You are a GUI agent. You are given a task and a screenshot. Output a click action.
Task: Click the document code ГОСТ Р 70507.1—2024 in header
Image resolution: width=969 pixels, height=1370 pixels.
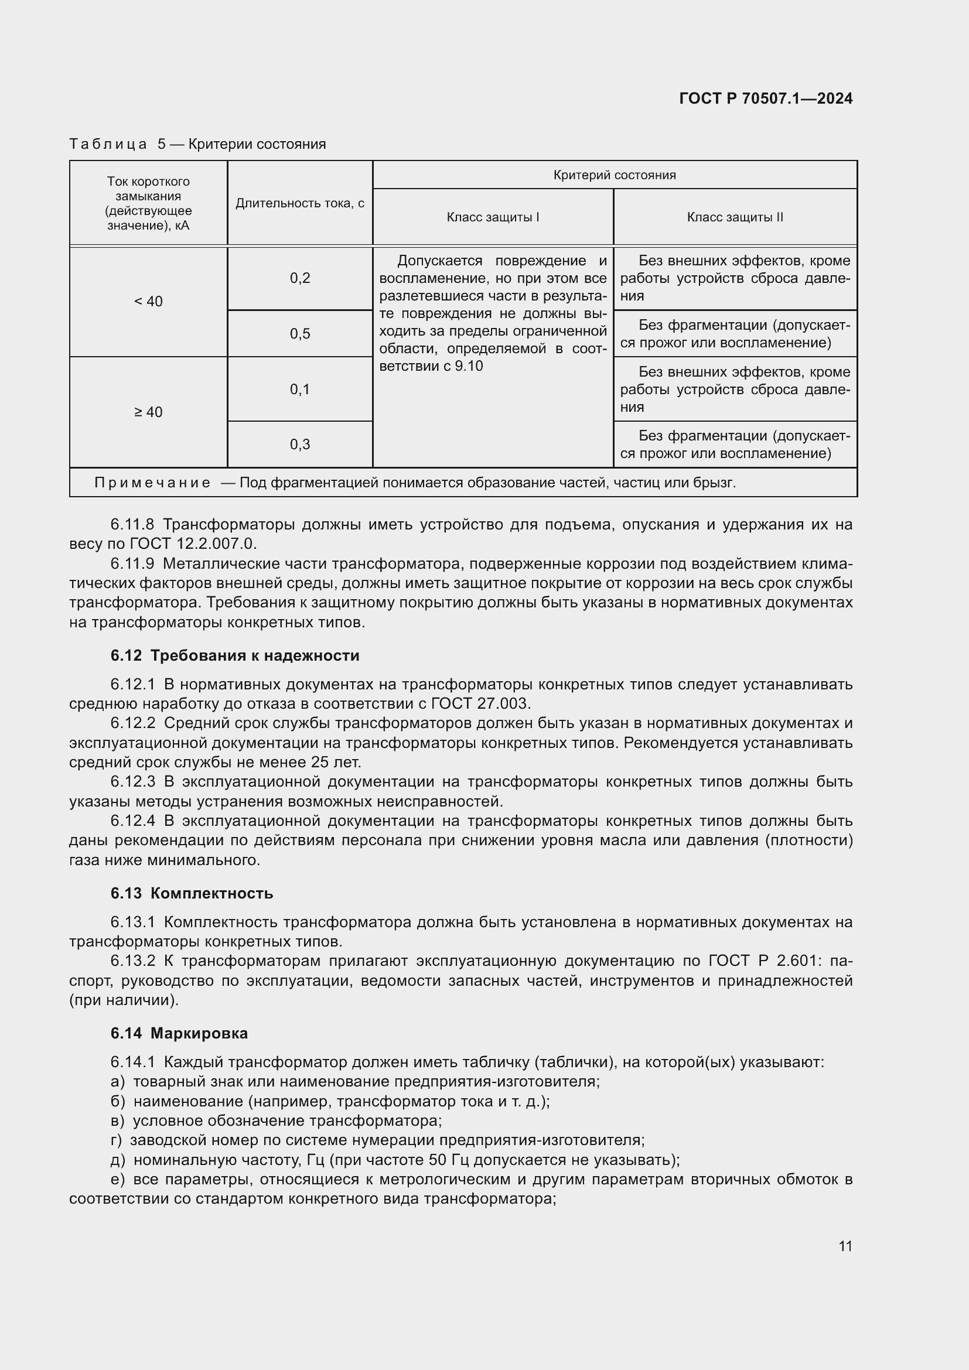click(x=766, y=98)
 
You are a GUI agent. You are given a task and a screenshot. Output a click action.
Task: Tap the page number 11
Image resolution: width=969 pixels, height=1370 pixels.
click(x=845, y=1246)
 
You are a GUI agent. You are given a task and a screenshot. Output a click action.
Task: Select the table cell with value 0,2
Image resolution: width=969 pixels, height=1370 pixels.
click(x=300, y=278)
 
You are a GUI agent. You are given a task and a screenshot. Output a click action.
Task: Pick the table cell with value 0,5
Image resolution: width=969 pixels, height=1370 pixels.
click(x=300, y=333)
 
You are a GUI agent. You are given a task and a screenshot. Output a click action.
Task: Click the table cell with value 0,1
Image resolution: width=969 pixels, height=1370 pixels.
click(x=300, y=389)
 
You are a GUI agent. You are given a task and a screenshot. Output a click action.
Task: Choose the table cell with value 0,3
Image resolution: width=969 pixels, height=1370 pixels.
click(x=300, y=444)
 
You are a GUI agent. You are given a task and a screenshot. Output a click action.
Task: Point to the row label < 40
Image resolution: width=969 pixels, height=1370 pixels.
click(x=148, y=301)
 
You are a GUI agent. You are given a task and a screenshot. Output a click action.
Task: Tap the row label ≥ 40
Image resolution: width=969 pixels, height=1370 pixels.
click(x=148, y=412)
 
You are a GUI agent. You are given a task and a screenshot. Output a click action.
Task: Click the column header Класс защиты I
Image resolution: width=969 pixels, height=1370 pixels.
click(x=493, y=217)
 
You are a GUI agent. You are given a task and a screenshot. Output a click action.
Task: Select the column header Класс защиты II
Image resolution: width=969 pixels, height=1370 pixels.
click(x=735, y=217)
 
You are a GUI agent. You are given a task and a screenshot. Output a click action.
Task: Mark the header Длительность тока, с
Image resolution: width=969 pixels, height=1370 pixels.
click(x=300, y=203)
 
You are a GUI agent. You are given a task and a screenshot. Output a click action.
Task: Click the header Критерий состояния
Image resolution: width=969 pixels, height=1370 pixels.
click(x=615, y=175)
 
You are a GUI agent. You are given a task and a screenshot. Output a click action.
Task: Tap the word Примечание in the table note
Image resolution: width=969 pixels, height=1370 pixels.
click(x=152, y=483)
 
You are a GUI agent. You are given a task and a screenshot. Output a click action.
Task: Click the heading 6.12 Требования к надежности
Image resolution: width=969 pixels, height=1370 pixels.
click(x=235, y=655)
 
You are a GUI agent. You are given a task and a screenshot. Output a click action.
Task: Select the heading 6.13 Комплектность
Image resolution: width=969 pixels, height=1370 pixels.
click(x=192, y=893)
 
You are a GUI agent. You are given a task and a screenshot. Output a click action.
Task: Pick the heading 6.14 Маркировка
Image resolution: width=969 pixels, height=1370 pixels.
click(x=179, y=1033)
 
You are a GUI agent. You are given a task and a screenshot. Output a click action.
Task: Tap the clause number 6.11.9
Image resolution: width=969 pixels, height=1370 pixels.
click(x=132, y=563)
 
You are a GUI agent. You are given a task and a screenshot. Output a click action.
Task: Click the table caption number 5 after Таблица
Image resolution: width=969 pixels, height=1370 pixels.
click(x=162, y=144)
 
